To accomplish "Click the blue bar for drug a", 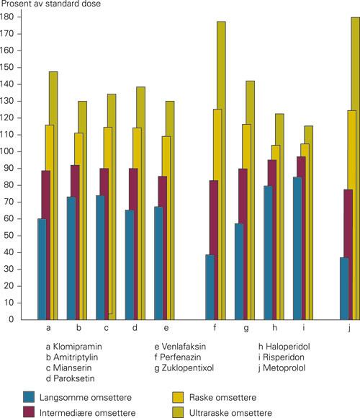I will pos(42,270).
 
